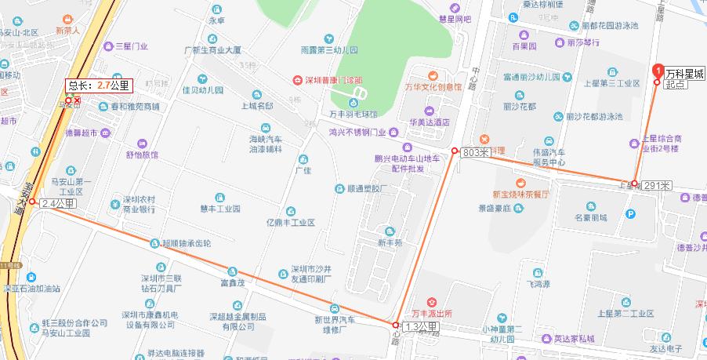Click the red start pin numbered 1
[657, 68]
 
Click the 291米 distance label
[657, 185]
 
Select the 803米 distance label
[475, 151]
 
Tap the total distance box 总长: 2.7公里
[98, 85]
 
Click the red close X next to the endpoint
[77, 100]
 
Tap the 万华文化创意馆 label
[432, 87]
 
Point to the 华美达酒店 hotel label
[428, 122]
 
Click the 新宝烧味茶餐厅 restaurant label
[520, 193]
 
